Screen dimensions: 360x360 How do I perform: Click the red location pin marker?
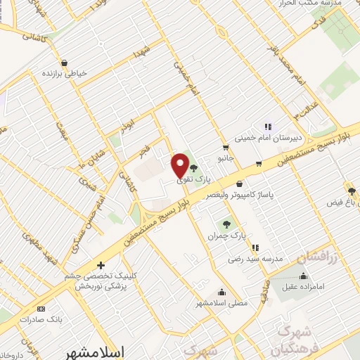(x=180, y=165)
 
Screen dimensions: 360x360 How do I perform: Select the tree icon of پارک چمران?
(x=226, y=225)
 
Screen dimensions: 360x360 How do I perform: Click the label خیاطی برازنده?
(x=65, y=73)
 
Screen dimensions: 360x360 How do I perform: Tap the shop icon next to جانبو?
(x=225, y=148)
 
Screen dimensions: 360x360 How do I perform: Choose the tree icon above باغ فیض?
(x=351, y=191)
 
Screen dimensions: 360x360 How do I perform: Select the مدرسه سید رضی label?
(x=255, y=259)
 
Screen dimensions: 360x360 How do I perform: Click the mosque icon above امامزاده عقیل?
(x=303, y=276)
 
